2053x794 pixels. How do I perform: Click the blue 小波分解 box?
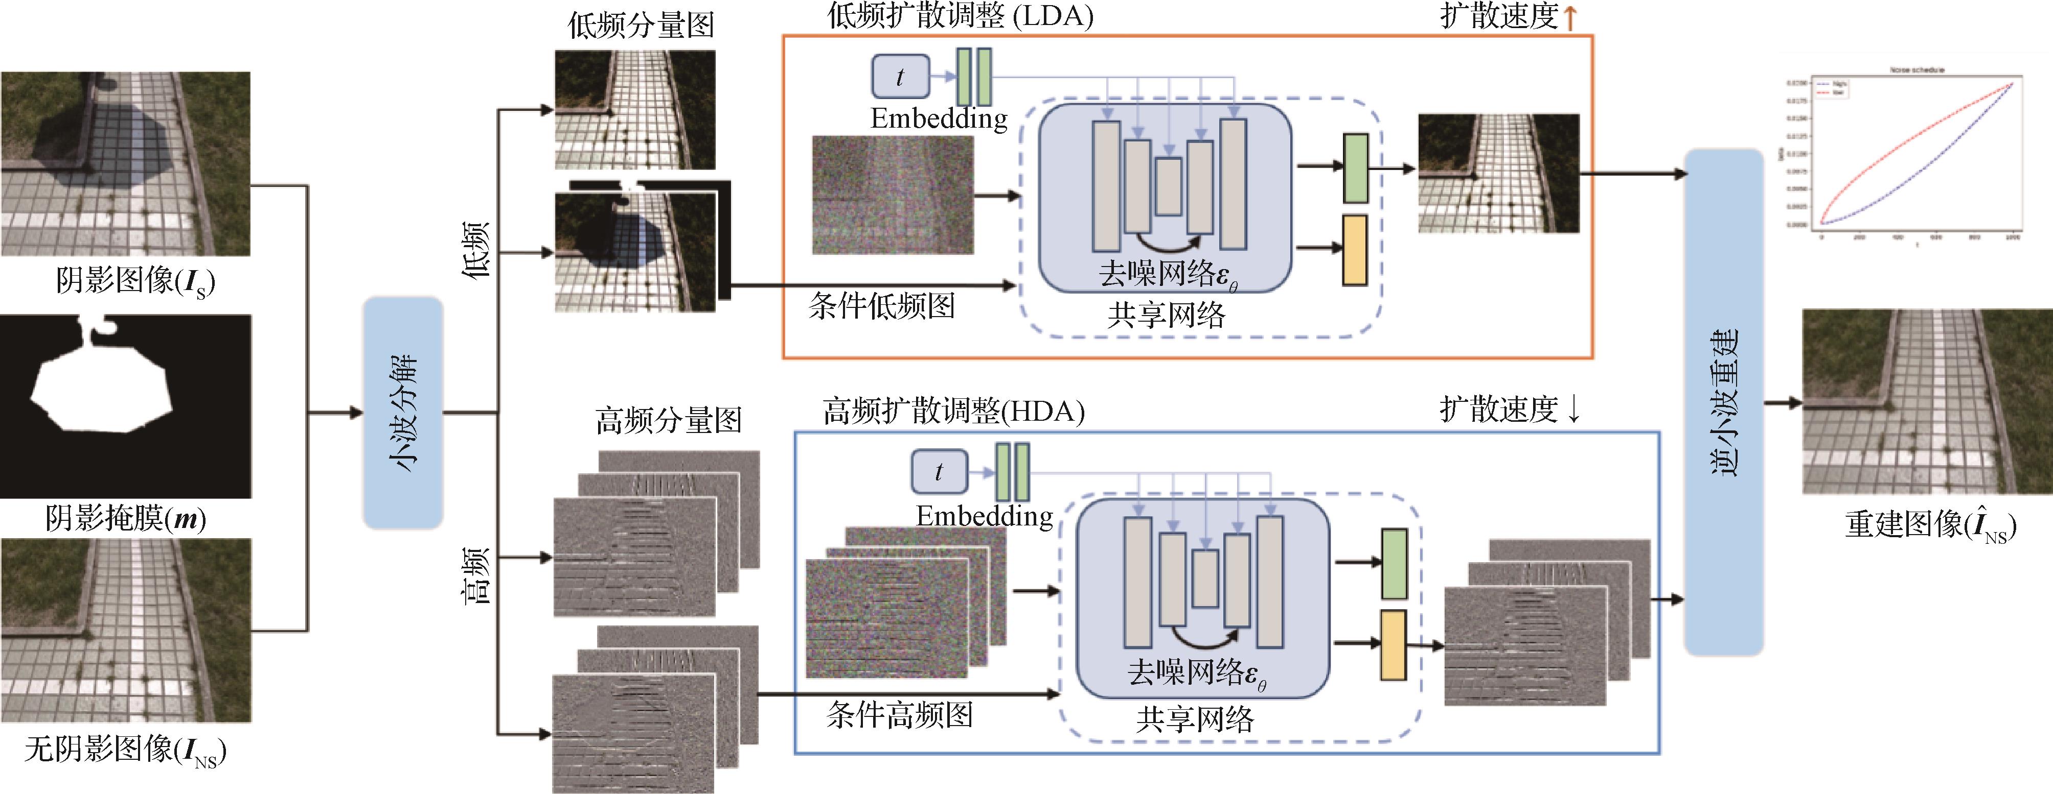pos(402,413)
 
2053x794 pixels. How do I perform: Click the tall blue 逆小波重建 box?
pos(1723,402)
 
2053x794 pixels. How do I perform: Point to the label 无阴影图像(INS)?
pos(125,750)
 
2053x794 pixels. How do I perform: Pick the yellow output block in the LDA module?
pos(1355,250)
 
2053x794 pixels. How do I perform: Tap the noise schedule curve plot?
pos(1913,155)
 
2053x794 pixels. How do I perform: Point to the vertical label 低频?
pos(476,250)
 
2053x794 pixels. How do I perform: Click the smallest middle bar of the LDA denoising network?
pos(1169,186)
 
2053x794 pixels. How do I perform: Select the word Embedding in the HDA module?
pos(984,516)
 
